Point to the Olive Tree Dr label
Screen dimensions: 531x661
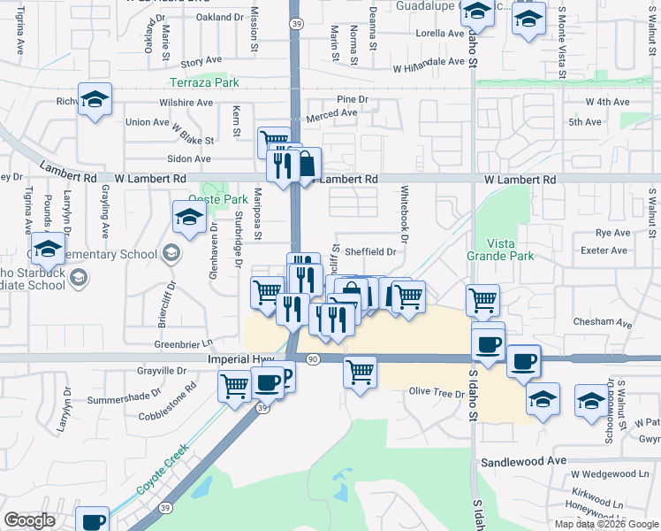click(430, 391)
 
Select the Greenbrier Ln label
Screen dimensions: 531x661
click(185, 343)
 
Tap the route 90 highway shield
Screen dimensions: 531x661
click(313, 358)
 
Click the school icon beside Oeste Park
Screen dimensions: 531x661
click(189, 217)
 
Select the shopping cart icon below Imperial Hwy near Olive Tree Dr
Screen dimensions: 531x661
click(360, 373)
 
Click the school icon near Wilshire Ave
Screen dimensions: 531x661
click(95, 100)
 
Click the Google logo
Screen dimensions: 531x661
click(30, 520)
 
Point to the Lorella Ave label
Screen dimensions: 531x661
click(439, 34)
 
